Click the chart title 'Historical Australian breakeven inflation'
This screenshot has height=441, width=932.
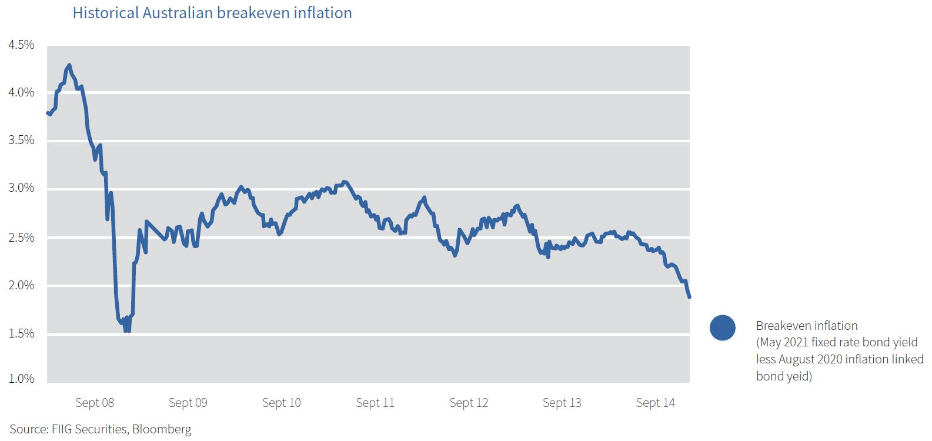[212, 13]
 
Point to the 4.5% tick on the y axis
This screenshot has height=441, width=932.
[21, 45]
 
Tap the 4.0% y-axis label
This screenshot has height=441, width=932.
[21, 92]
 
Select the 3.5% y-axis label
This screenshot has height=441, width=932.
[21, 140]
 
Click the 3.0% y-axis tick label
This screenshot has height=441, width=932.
[21, 188]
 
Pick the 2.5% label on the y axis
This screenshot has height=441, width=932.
[21, 238]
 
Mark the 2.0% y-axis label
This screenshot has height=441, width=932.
[21, 285]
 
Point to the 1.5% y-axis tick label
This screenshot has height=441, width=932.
[21, 333]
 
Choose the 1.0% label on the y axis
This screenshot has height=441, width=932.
[21, 379]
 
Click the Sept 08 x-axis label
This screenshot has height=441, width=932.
[95, 403]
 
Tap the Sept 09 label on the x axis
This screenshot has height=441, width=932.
[188, 403]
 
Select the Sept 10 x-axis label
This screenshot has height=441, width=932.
[281, 403]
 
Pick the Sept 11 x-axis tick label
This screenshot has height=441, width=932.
[375, 403]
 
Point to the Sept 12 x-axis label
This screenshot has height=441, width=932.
[469, 403]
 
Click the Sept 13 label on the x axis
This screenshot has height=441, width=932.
[562, 403]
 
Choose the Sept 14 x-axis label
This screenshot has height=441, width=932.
[656, 403]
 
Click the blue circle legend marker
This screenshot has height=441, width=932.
[723, 328]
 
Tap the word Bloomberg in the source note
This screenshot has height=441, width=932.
[162, 429]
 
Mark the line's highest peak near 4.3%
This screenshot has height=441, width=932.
[69, 65]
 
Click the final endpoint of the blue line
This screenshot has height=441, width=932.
[689, 297]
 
